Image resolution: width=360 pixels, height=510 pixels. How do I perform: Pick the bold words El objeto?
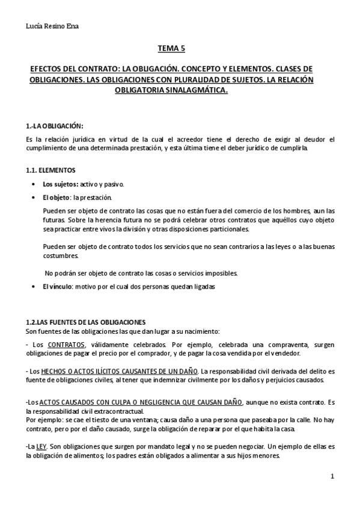pos(56,197)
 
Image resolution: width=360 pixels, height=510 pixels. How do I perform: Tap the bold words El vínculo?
pos(57,287)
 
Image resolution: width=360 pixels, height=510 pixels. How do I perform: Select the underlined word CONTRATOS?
pos(66,345)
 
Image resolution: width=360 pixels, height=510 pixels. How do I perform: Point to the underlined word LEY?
pos(42,447)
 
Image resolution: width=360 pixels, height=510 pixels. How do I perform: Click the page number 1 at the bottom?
pos(332,477)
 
